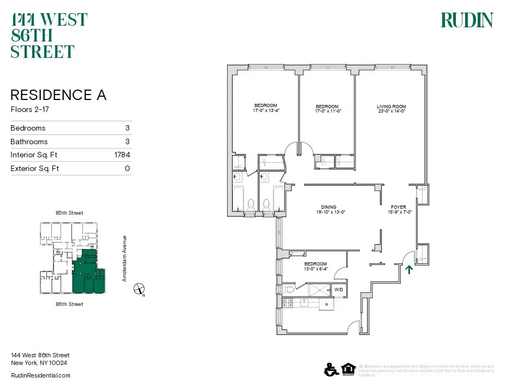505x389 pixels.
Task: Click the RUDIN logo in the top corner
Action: tap(467, 20)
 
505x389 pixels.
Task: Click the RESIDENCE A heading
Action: tap(58, 95)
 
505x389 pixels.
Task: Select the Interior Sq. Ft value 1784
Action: tap(122, 155)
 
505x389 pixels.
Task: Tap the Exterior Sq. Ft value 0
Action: tap(127, 168)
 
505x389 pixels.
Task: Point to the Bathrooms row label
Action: tap(29, 142)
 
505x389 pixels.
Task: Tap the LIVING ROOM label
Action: tap(391, 109)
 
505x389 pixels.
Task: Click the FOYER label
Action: tap(398, 209)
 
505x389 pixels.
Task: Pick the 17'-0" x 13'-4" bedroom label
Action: tap(266, 108)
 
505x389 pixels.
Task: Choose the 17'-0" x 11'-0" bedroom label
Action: tap(327, 109)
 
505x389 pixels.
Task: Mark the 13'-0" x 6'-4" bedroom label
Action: tap(315, 266)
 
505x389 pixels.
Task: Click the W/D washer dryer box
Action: tap(338, 290)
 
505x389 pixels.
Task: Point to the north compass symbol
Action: tap(140, 289)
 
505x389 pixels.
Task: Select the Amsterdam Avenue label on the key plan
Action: tap(124, 258)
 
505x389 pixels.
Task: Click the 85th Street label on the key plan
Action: tap(69, 213)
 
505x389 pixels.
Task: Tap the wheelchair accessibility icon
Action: tap(330, 369)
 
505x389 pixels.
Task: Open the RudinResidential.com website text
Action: tap(41, 375)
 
